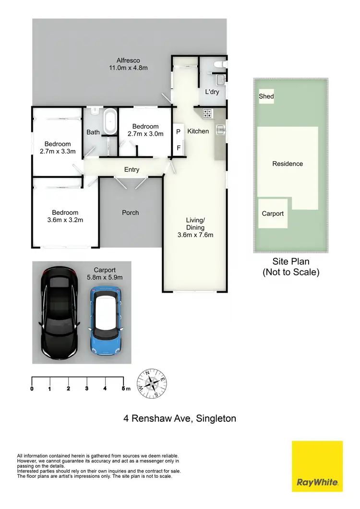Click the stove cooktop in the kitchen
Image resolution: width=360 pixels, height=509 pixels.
[x=208, y=114]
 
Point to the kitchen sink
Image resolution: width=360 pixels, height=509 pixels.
[x=220, y=129]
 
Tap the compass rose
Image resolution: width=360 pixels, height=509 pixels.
[x=153, y=384]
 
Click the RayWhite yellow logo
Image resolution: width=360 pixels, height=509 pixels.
[x=317, y=466]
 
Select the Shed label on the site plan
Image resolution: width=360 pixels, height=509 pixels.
[x=266, y=96]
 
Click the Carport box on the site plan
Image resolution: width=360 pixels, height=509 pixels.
[x=273, y=213]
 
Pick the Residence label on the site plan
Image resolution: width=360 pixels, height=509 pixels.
[x=288, y=164]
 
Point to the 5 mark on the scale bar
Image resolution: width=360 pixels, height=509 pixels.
[x=123, y=389]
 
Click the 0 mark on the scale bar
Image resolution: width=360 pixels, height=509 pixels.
[x=32, y=389]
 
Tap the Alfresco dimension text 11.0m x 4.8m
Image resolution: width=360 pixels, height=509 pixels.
[x=128, y=68]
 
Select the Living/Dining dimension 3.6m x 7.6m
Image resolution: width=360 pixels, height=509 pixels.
[x=195, y=235]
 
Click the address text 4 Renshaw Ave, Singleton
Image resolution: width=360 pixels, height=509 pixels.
[x=180, y=418]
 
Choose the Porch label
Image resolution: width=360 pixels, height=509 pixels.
[x=131, y=213]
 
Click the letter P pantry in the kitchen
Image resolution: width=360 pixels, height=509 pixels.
[x=178, y=131]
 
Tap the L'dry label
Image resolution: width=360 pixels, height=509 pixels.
[x=212, y=92]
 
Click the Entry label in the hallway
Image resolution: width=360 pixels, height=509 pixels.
[x=132, y=169]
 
